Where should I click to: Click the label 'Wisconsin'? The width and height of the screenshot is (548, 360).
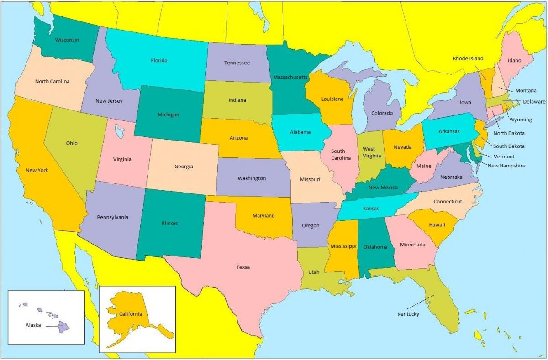point(67,40)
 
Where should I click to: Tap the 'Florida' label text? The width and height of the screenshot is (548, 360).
point(159,60)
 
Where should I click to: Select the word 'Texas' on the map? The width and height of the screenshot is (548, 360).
point(243,267)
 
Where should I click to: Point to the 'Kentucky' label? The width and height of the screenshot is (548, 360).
point(408,314)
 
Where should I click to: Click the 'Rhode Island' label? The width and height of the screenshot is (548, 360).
point(468,58)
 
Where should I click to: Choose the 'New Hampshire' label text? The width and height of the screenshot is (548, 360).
point(506,166)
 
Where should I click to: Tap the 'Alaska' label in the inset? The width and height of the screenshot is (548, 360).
point(33,325)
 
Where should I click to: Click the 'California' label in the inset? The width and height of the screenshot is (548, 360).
point(131,314)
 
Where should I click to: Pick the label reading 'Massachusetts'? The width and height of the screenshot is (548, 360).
point(290,77)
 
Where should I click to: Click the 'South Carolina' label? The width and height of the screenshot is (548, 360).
point(338,154)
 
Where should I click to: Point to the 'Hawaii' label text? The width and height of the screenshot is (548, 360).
point(437,225)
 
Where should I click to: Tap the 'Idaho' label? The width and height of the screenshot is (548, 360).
point(514,60)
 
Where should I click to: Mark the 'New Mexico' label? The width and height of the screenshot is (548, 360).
point(383,188)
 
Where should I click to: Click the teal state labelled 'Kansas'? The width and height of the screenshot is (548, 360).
point(371,208)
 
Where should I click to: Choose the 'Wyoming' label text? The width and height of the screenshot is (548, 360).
point(521,120)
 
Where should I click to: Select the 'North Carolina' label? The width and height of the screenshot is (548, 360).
point(52,81)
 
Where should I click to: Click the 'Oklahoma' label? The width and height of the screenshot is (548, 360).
point(375,247)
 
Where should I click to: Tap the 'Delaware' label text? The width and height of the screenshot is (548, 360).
point(534,101)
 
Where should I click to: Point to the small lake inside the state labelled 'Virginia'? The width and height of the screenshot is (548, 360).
point(120,132)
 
